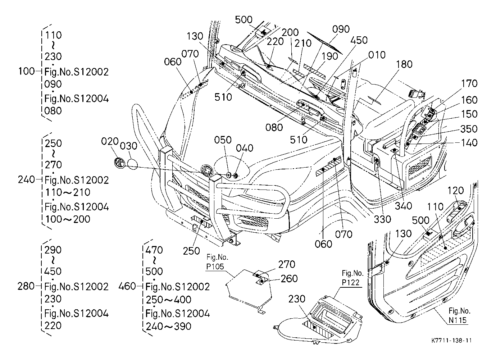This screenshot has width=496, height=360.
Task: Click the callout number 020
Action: click(x=110, y=141)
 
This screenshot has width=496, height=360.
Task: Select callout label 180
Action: click(x=404, y=64)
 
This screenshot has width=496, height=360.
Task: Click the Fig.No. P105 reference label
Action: click(x=217, y=262)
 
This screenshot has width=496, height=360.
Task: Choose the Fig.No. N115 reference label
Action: click(x=459, y=316)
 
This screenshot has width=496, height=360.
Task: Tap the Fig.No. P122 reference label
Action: click(x=352, y=278)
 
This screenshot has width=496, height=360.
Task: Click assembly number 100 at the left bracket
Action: click(x=26, y=71)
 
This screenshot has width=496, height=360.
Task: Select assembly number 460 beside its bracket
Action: click(x=127, y=286)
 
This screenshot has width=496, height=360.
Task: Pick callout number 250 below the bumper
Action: click(x=191, y=251)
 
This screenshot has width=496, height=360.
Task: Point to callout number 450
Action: click(x=359, y=40)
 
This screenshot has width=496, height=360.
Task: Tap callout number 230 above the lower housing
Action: click(x=297, y=299)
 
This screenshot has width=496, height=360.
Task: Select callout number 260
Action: click(x=289, y=279)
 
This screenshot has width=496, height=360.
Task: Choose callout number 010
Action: click(x=377, y=55)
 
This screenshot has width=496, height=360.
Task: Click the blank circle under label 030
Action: click(x=133, y=164)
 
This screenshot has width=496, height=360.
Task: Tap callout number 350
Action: click(x=469, y=129)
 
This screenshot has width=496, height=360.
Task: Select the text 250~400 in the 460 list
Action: click(x=168, y=300)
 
